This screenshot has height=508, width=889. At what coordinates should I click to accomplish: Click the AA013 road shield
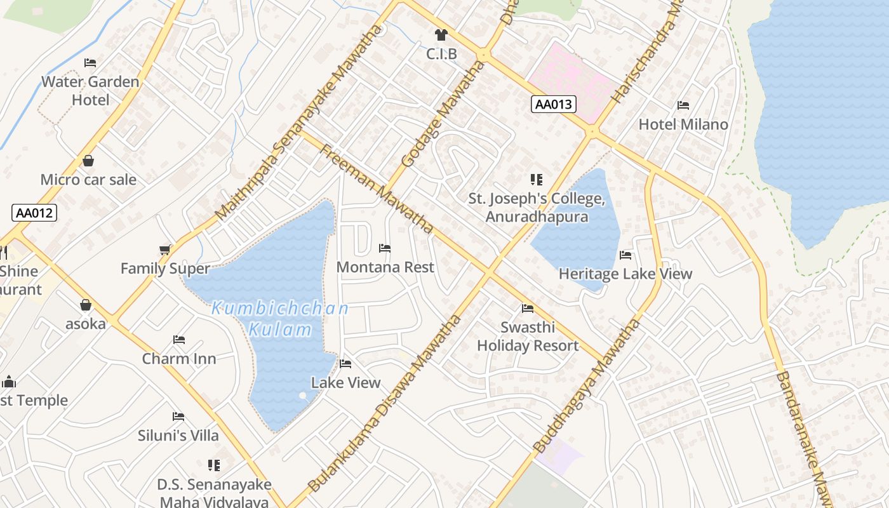(553, 105)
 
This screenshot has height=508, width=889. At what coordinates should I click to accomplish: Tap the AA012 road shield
(34, 213)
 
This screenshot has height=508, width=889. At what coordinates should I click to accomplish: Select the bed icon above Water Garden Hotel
(90, 63)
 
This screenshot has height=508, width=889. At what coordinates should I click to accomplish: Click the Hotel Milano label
(683, 124)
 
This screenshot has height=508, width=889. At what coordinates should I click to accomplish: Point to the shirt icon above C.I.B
(441, 35)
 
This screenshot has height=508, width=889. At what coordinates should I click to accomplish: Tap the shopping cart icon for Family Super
(165, 250)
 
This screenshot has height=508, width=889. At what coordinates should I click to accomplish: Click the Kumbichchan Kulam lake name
(280, 319)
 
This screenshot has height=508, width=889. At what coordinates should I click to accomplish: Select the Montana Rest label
(385, 267)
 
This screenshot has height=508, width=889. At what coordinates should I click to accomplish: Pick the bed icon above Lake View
(345, 364)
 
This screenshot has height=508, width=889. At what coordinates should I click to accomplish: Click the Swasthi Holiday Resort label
(528, 337)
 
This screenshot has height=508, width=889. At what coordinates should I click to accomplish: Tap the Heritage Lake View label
(625, 274)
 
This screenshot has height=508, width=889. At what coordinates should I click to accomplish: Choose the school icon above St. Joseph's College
(537, 180)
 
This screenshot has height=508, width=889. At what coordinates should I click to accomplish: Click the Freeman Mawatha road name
(376, 188)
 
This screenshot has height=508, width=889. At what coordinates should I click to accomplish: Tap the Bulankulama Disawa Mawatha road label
(385, 404)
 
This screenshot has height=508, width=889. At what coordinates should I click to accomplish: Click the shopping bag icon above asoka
(86, 305)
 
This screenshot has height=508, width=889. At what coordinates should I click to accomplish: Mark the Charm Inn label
(179, 358)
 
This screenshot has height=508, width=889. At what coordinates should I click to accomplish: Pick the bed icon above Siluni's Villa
(178, 417)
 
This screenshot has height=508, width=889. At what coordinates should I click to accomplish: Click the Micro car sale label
(88, 179)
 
